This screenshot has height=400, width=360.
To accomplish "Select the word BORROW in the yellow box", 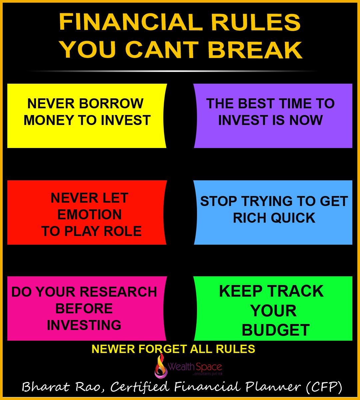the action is click(x=111, y=103).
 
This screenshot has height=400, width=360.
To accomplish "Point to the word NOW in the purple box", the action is click(x=306, y=120).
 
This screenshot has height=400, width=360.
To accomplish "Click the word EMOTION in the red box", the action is click(x=89, y=215).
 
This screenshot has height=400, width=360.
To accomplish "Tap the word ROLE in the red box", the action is click(x=122, y=231).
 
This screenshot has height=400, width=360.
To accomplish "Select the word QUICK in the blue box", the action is click(x=293, y=218).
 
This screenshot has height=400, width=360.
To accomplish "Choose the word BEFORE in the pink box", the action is click(x=84, y=308).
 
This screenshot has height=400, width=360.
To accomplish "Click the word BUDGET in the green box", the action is click(x=276, y=330).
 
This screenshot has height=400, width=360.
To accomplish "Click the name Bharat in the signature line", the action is click(x=46, y=387).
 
